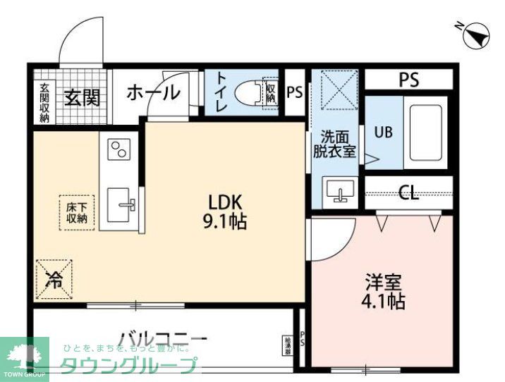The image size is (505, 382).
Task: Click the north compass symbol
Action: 475,33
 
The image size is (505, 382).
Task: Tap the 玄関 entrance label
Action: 82,97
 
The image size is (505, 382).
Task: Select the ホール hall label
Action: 152,92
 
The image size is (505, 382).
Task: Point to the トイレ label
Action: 220,92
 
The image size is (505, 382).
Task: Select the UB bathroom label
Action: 384,132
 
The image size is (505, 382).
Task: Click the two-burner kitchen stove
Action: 118,149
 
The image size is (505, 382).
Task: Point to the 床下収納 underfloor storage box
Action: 76,212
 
